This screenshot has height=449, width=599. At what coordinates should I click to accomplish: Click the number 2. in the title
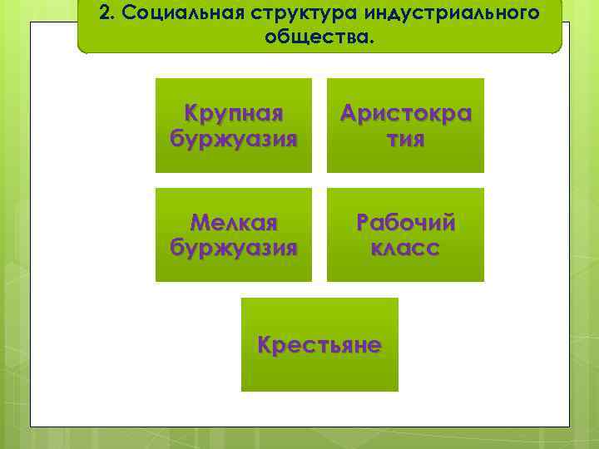coord(105,13)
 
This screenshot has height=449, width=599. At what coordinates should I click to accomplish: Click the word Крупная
coord(234,113)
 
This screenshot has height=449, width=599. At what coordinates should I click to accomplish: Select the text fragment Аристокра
coord(405,113)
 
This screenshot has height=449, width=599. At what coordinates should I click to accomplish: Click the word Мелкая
coord(234,223)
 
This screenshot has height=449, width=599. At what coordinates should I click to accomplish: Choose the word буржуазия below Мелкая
coord(234,247)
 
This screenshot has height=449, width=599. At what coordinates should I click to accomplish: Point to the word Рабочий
coord(405,223)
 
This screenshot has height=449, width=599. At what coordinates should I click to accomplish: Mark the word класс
coord(405,247)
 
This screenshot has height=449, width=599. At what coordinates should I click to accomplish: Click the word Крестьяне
coord(319,344)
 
